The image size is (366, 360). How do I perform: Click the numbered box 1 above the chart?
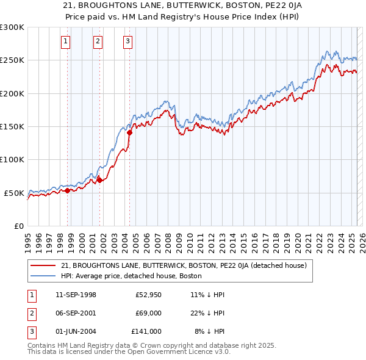click(65, 41)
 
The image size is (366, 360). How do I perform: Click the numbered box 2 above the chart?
click(98, 41)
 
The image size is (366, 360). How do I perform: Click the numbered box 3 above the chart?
click(127, 41)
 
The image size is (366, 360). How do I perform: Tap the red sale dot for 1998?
click(68, 191)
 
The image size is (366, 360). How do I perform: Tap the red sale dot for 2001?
click(99, 180)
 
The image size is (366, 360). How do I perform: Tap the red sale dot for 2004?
click(129, 132)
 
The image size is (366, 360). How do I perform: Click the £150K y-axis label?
click(12, 127)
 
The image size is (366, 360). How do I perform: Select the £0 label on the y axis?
click(19, 226)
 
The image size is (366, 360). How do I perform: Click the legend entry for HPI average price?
click(135, 276)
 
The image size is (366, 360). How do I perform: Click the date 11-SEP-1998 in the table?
click(76, 295)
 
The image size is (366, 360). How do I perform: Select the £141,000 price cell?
click(146, 331)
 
